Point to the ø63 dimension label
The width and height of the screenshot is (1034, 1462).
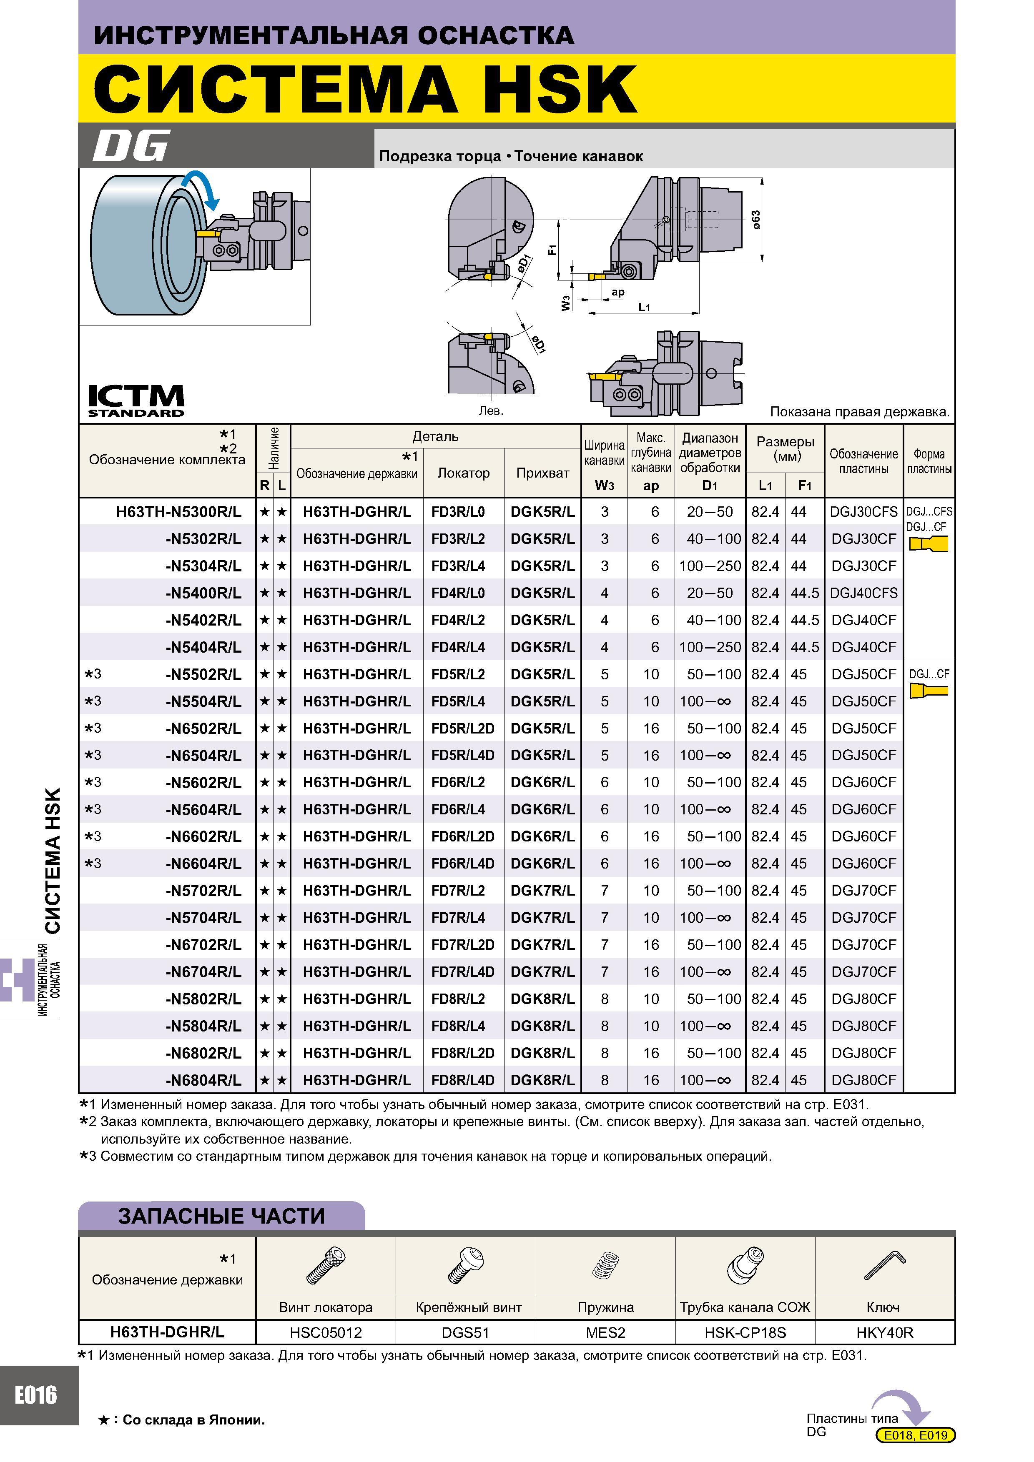tap(755, 220)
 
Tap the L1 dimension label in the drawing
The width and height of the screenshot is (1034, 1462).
tap(644, 307)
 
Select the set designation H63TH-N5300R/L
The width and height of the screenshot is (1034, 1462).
tap(178, 511)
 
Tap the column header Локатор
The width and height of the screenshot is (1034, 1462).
tap(463, 473)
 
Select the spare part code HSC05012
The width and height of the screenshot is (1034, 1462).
tap(326, 1332)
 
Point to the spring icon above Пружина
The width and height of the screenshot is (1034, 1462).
tap(605, 1265)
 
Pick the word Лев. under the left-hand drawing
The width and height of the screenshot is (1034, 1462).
tap(491, 411)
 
